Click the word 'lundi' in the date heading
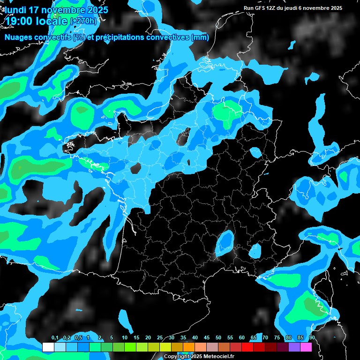(x=16, y=10)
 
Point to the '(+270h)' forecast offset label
(x=84, y=21)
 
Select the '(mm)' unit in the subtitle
(x=200, y=37)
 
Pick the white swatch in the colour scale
(x=48, y=347)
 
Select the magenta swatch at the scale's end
(x=306, y=347)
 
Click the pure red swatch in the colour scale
(x=247, y=347)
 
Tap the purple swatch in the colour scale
(x=294, y=347)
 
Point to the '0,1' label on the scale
(x=55, y=338)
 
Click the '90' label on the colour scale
(x=312, y=338)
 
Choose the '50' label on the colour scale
(x=218, y=338)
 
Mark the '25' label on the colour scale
(x=160, y=338)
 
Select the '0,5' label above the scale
(x=78, y=338)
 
